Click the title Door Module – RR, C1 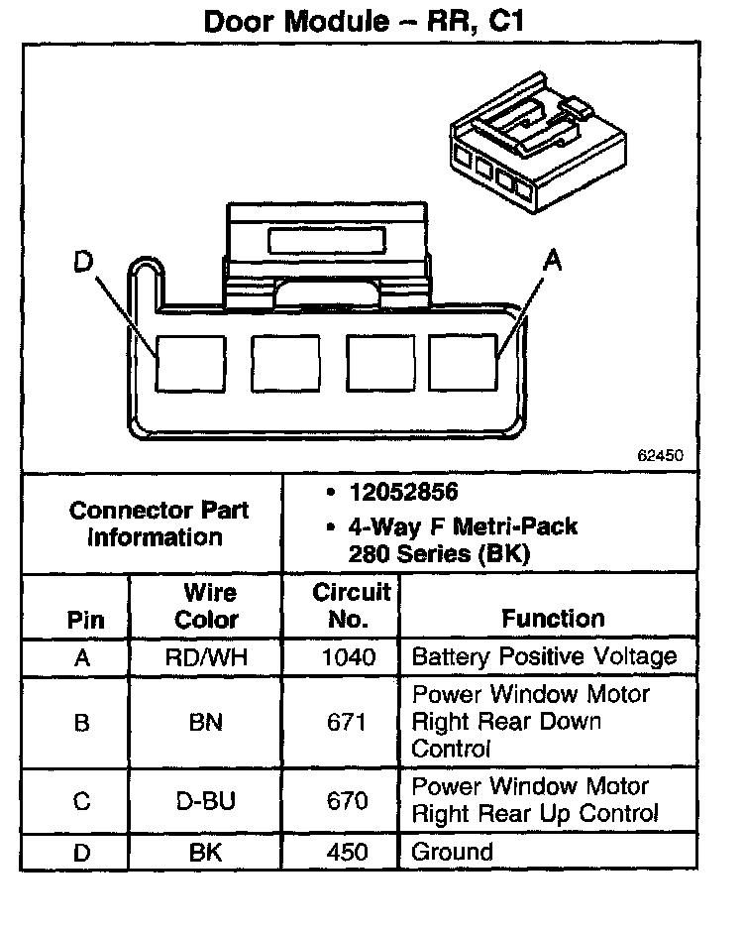[x=363, y=22]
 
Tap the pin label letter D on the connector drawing [x=84, y=263]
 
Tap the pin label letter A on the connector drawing [x=552, y=261]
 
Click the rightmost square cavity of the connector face [x=464, y=361]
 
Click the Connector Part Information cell [x=159, y=524]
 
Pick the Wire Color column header [x=206, y=606]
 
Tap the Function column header [x=553, y=619]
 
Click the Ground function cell [x=452, y=852]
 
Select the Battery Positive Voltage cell [x=544, y=656]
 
